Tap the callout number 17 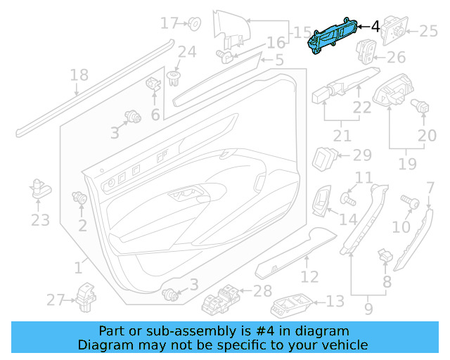point(170,23)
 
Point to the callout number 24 point(186,51)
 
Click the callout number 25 point(428,30)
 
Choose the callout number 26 point(396,58)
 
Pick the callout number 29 point(361,155)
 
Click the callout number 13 point(335,301)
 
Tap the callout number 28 point(262,290)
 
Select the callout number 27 point(56,300)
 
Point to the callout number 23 point(40,220)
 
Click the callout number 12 point(310,277)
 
